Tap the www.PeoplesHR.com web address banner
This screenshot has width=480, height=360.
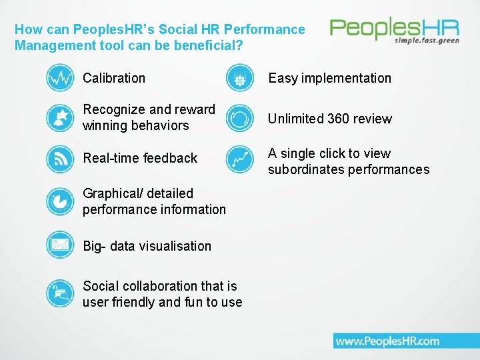tap(387, 341)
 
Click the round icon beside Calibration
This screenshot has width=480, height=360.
tap(60, 78)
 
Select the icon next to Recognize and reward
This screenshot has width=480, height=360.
tap(60, 118)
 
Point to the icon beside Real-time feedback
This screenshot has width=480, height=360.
tap(60, 159)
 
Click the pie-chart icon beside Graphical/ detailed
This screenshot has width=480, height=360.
tap(60, 201)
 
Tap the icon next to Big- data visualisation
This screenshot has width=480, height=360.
tap(60, 245)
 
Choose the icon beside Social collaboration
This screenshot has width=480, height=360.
tap(60, 293)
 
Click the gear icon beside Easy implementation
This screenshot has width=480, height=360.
tap(239, 79)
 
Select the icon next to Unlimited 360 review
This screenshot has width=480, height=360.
tap(239, 119)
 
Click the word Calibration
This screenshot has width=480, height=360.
tap(114, 78)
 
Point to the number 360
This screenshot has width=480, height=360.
tap(339, 119)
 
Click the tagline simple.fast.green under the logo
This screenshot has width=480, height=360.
tap(427, 40)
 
